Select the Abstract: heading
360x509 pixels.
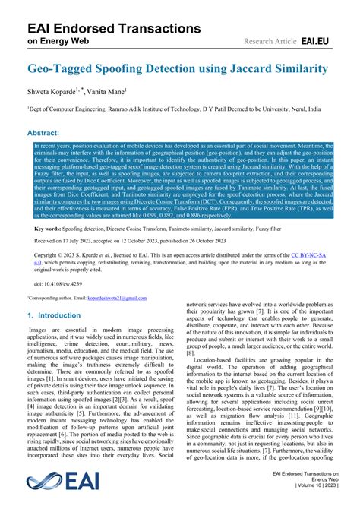(46, 132)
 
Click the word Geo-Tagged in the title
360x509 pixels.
(60, 68)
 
